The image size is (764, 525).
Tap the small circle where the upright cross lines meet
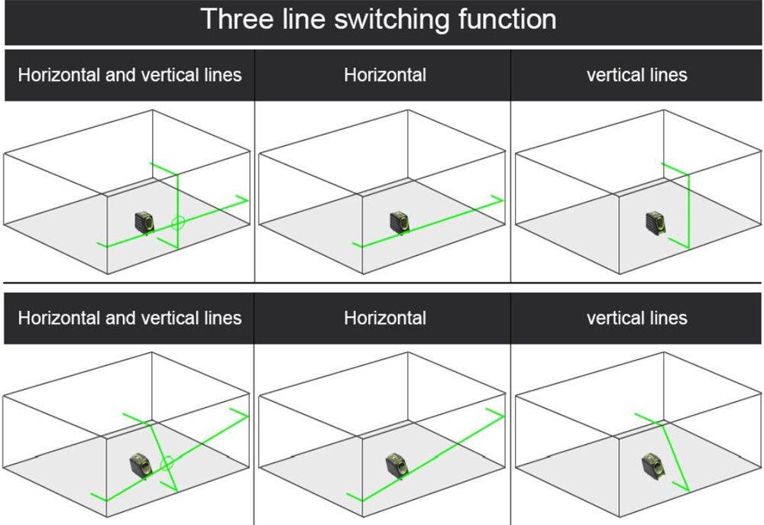click(x=178, y=223)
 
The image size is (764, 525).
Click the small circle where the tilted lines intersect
click(x=167, y=462)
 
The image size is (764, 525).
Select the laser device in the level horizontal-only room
click(x=400, y=222)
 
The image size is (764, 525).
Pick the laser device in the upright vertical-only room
click(x=655, y=222)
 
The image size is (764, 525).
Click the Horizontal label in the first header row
click(x=385, y=75)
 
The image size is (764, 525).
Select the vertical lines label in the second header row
click(x=636, y=318)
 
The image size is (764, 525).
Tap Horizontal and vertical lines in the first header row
click(x=130, y=75)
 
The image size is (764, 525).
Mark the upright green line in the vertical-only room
click(x=688, y=210)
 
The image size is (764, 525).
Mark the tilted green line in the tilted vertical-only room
click(x=672, y=451)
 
